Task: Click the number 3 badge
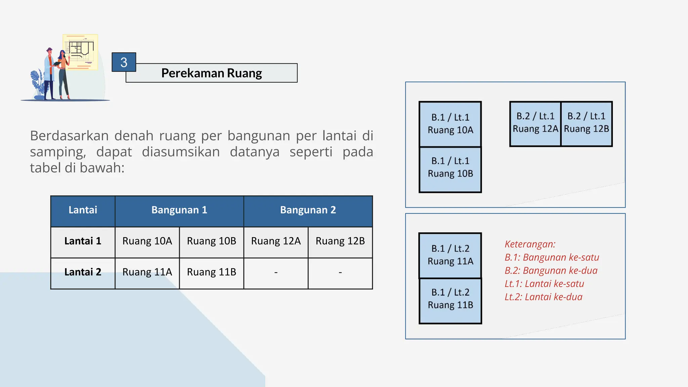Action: point(124,62)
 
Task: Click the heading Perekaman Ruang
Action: point(211,73)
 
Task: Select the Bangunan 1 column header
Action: point(179,210)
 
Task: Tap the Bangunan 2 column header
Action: point(308,210)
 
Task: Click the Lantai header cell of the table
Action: point(83,210)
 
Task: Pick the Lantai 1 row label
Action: point(83,241)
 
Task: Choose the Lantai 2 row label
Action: point(83,272)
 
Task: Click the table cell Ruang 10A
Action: point(147,241)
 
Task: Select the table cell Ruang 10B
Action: point(211,241)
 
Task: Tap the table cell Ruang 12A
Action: point(276,241)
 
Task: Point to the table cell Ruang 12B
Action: point(340,241)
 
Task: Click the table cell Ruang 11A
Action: point(147,272)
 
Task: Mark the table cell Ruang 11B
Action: point(211,272)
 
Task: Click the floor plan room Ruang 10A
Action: point(450,124)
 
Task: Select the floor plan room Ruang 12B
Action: point(587,123)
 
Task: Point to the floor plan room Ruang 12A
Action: point(535,123)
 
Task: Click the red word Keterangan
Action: point(530,244)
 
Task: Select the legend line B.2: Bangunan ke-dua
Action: point(551,270)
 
